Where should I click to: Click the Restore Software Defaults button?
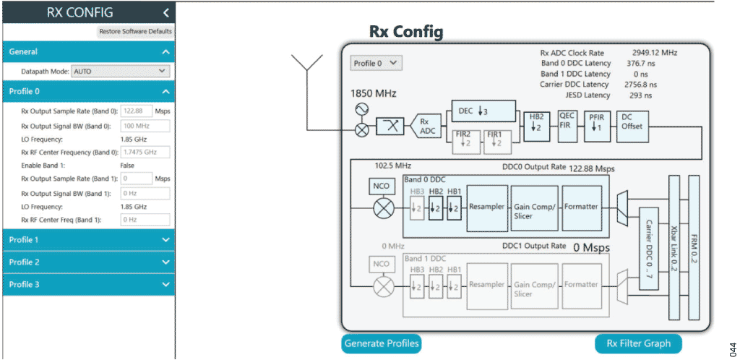coord(135,32)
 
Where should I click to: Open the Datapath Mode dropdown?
coord(121,72)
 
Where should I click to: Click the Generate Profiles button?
coord(382,343)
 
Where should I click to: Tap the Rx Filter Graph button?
coord(638,343)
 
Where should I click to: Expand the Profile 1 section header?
coord(88,239)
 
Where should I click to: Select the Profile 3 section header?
coord(88,285)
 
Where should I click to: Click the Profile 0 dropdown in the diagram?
coord(376,63)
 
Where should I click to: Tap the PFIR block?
coord(595,122)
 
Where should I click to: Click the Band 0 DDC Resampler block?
coord(486,207)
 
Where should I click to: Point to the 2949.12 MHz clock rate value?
coord(657,53)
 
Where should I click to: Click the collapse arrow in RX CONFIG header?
coord(165,12)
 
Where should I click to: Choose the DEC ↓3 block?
coord(485,111)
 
